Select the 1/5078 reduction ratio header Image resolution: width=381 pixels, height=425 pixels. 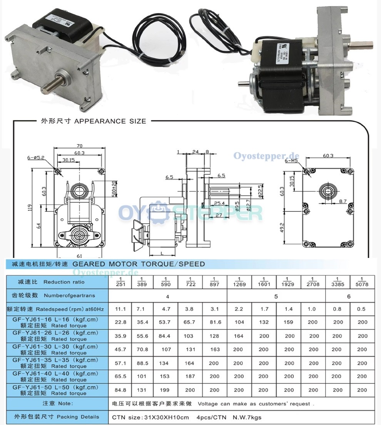[362, 281]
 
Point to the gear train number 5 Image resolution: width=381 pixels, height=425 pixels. [276, 296]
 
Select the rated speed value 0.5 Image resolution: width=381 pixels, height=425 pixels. [362, 309]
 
